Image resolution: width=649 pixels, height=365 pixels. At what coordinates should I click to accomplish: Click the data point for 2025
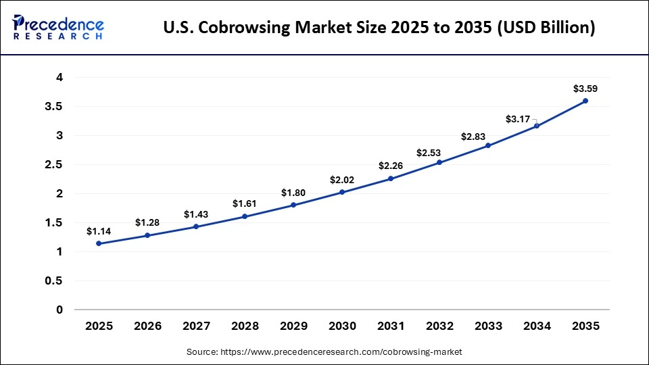click(x=99, y=243)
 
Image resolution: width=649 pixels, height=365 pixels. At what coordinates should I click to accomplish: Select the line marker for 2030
click(x=342, y=192)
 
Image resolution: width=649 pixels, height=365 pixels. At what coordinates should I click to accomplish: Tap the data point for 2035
click(x=585, y=101)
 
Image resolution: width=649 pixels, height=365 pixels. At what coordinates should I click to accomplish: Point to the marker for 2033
click(x=488, y=145)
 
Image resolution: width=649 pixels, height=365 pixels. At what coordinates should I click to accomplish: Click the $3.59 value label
click(x=585, y=89)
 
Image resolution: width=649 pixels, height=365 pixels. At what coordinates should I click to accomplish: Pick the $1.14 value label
click(x=99, y=231)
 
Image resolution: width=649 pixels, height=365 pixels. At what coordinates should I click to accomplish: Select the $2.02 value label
click(x=342, y=180)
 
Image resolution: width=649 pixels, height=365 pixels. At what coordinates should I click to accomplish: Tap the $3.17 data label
click(x=517, y=120)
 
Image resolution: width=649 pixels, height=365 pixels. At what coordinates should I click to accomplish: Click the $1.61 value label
click(x=245, y=203)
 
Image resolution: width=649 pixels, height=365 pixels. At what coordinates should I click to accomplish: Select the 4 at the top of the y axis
click(x=59, y=78)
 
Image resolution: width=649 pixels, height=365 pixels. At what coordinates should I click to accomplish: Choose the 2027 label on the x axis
click(x=196, y=326)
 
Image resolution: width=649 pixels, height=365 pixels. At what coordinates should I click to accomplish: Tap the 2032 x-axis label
click(x=439, y=326)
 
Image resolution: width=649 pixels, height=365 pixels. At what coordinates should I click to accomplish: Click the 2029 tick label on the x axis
click(x=293, y=326)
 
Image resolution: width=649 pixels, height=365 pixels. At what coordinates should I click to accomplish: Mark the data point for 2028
click(x=245, y=216)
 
